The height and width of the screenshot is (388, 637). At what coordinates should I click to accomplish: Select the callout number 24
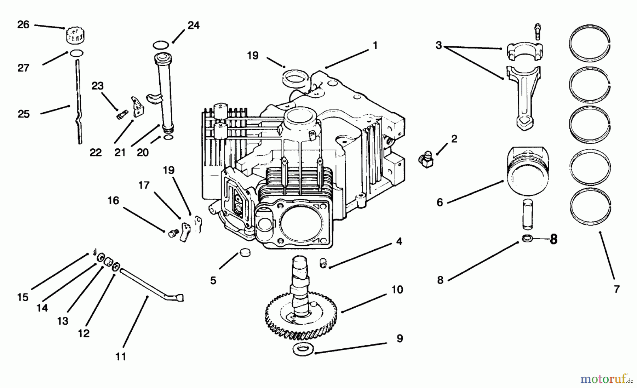(x=193, y=25)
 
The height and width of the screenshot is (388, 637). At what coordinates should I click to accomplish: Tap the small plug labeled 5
(x=243, y=253)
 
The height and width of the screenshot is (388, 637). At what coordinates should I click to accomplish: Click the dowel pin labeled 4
(x=323, y=264)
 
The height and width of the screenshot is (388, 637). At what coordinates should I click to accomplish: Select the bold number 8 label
(x=553, y=240)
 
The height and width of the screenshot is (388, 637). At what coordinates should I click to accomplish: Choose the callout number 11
(x=121, y=356)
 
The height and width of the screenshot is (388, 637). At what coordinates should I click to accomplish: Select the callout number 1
(x=375, y=45)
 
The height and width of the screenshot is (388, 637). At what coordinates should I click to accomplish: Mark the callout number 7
(x=616, y=289)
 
